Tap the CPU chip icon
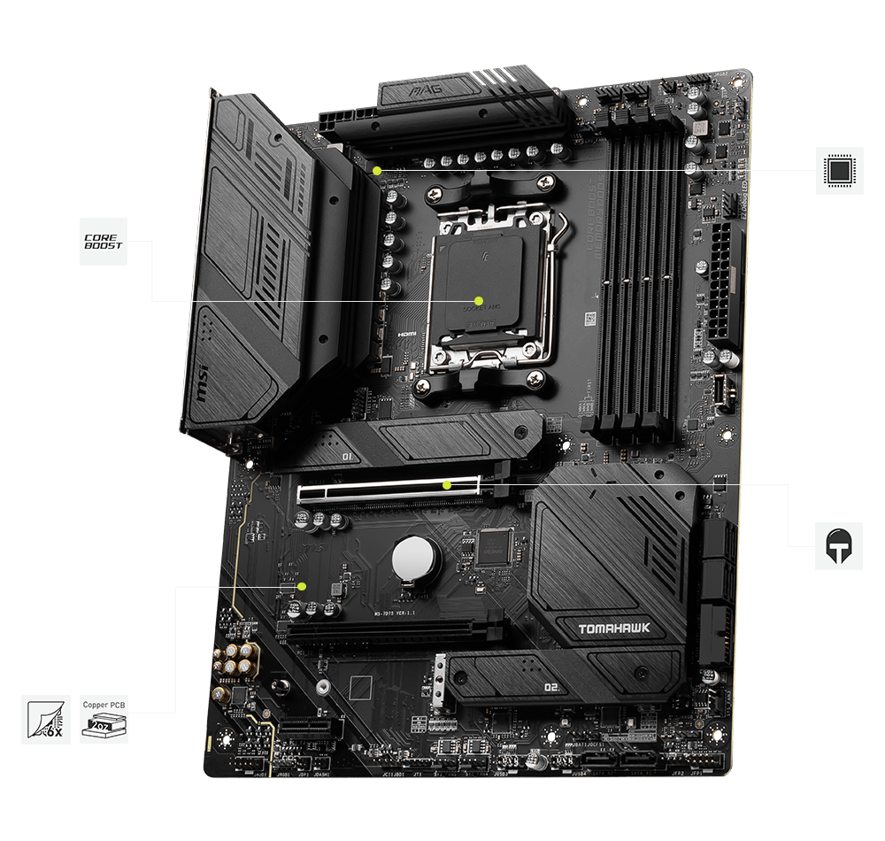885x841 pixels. pos(838,169)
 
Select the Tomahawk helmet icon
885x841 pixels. pos(838,545)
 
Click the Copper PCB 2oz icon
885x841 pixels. pos(104,719)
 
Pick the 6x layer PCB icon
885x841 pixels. pos(45,719)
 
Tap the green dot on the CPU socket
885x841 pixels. pos(478,301)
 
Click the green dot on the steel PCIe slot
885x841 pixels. pos(447,485)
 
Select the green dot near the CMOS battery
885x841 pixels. pos(302,586)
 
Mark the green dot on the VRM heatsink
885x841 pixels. pos(378,169)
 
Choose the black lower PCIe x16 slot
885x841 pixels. pos(389,631)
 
